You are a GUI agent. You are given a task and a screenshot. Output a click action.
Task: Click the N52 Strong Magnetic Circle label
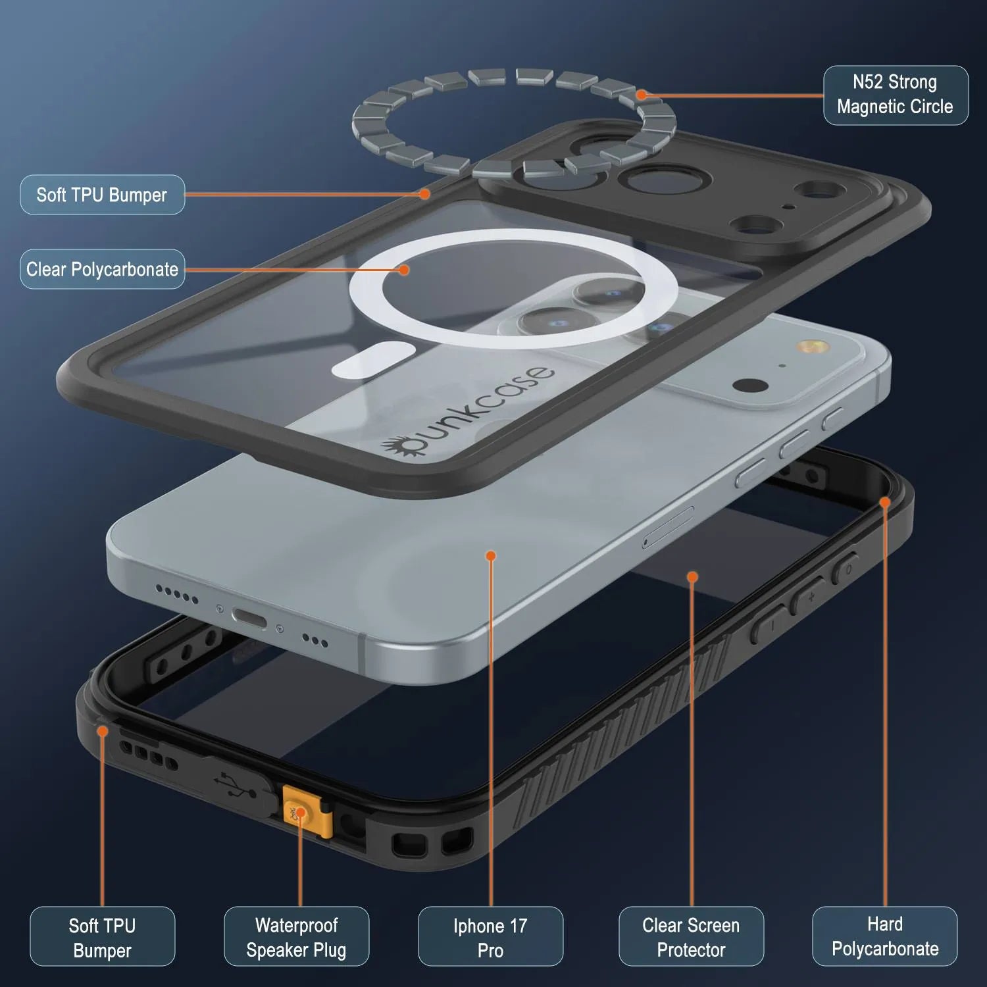(896, 95)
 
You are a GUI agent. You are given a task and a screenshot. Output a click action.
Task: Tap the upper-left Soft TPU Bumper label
(102, 195)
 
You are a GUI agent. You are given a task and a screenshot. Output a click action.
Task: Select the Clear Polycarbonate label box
(102, 269)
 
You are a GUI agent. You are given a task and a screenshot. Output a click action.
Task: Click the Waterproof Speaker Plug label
(296, 937)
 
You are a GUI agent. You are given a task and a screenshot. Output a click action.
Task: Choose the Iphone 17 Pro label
(490, 937)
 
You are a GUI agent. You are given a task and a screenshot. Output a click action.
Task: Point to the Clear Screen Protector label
(691, 937)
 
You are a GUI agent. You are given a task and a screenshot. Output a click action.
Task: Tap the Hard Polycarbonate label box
(885, 936)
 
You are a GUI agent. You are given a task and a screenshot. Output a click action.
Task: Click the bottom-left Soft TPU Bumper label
(102, 937)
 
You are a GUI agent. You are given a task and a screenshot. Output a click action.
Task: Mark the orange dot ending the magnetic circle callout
(642, 95)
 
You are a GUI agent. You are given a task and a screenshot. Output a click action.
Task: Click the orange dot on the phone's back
(490, 556)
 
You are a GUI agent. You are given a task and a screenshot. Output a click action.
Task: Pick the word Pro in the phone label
(490, 950)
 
